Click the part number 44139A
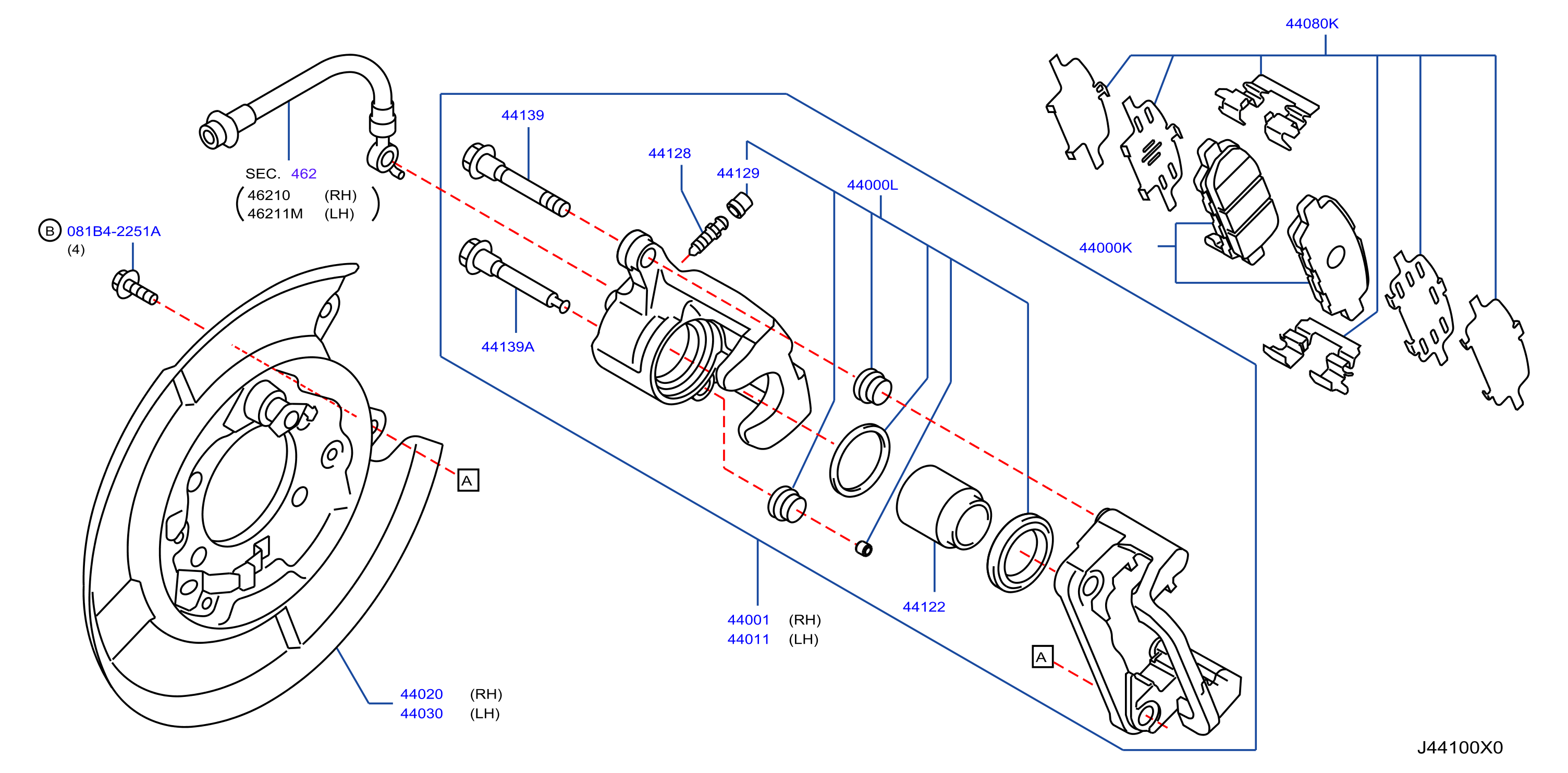click(x=508, y=347)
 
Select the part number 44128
click(x=669, y=153)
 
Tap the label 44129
click(x=738, y=173)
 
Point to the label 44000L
click(x=872, y=185)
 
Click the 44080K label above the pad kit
click(x=1312, y=24)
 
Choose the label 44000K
click(x=1106, y=247)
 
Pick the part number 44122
click(x=923, y=606)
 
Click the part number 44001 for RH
click(x=748, y=620)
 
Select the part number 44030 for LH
click(x=421, y=714)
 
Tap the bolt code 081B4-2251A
click(x=114, y=231)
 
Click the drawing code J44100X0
click(x=1460, y=747)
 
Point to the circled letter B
click(x=50, y=231)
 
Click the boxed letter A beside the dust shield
click(x=468, y=480)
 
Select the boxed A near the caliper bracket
click(x=1042, y=657)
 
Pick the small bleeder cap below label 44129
click(x=740, y=205)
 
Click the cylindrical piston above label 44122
click(x=943, y=507)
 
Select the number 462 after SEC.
click(x=304, y=174)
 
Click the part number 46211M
click(x=275, y=214)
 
